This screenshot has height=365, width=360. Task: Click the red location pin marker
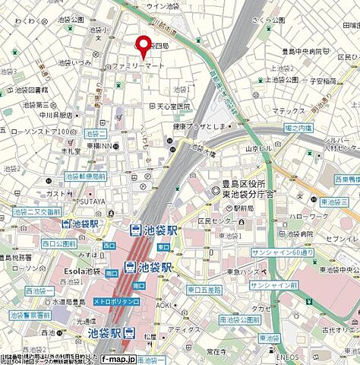coord(141,46)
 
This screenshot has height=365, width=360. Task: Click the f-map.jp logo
coord(118,359)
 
